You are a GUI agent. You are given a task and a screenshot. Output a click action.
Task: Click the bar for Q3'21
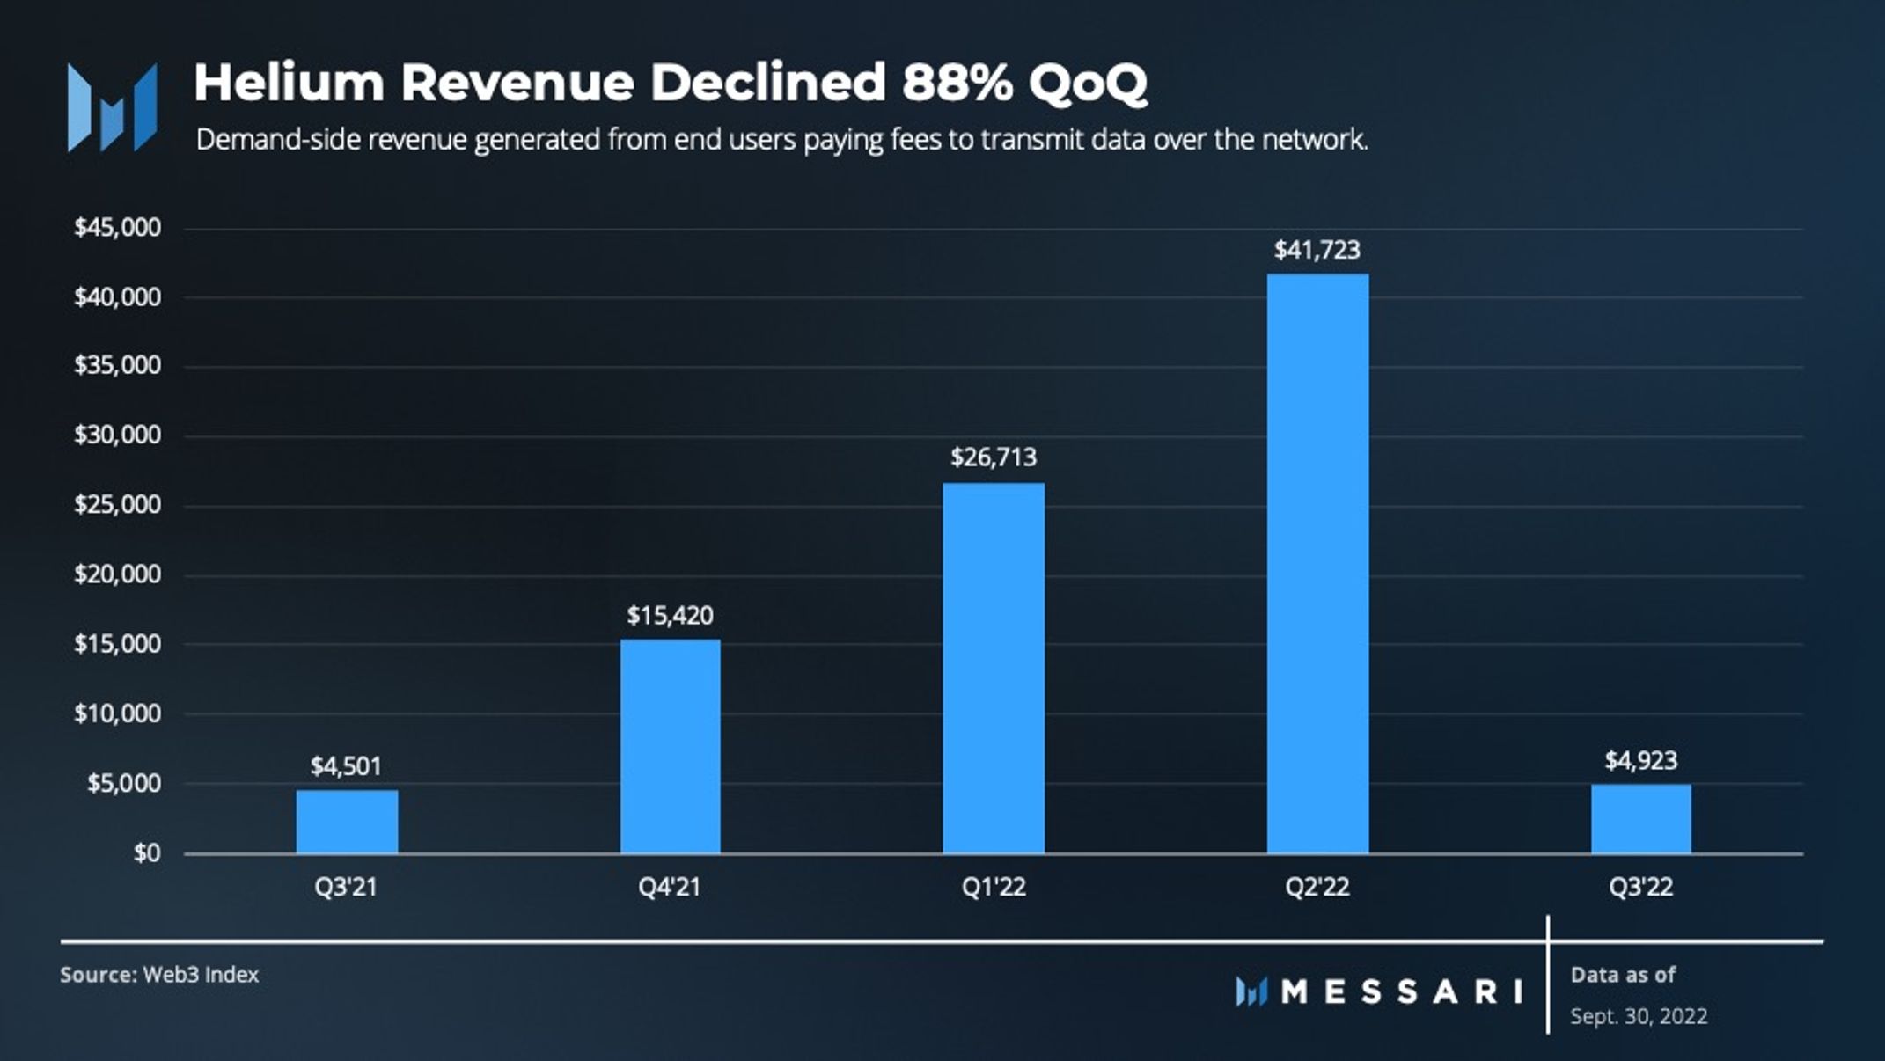pyautogui.click(x=347, y=822)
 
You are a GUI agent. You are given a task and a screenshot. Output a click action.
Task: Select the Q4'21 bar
pyautogui.click(x=671, y=746)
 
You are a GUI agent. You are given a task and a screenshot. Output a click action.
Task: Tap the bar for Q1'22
pyautogui.click(x=994, y=668)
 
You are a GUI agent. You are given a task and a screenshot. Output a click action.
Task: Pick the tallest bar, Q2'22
pyautogui.click(x=1317, y=563)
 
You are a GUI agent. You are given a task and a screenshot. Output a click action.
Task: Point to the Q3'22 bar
pyautogui.click(x=1640, y=819)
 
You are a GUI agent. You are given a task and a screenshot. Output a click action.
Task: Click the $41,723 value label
pyautogui.click(x=1317, y=251)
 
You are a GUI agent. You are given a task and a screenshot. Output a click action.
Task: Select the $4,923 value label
pyautogui.click(x=1640, y=760)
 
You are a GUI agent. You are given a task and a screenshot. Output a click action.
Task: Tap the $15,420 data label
pyautogui.click(x=671, y=615)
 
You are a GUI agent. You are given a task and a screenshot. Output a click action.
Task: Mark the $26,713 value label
pyautogui.click(x=994, y=457)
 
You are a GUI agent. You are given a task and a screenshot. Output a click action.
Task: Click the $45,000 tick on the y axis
pyautogui.click(x=118, y=228)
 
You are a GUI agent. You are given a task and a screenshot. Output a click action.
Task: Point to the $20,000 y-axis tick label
pyautogui.click(x=118, y=574)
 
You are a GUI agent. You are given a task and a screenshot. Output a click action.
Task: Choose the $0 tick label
pyautogui.click(x=147, y=852)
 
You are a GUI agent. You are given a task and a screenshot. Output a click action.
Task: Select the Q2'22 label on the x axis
pyautogui.click(x=1317, y=887)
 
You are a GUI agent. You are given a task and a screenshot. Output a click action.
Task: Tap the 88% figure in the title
pyautogui.click(x=956, y=84)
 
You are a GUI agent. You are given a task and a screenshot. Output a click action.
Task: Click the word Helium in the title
pyautogui.click(x=290, y=84)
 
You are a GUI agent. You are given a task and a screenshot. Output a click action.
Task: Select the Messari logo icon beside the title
pyautogui.click(x=112, y=107)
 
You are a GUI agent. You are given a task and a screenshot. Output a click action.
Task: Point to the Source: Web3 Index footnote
pyautogui.click(x=159, y=975)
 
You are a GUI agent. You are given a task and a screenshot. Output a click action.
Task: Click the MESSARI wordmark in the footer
pyautogui.click(x=1401, y=992)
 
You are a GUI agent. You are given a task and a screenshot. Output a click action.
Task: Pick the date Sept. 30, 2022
pyautogui.click(x=1639, y=1017)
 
